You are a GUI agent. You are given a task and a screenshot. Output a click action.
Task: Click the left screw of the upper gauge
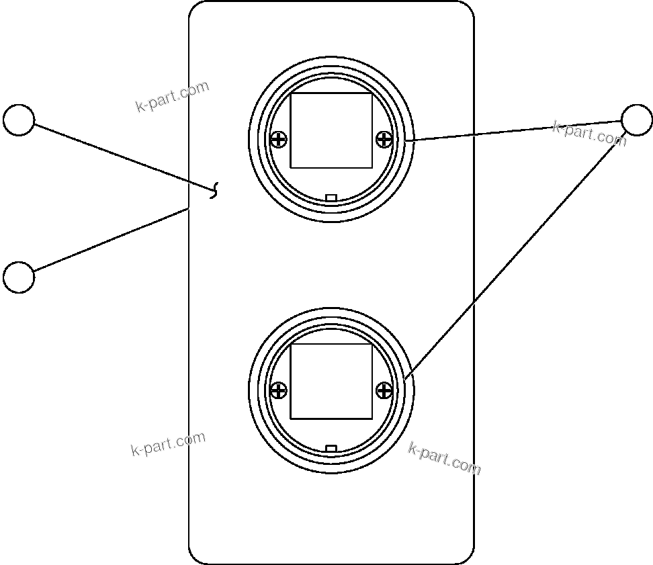[278, 140]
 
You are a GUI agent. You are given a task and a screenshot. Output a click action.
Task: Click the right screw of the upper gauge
[384, 140]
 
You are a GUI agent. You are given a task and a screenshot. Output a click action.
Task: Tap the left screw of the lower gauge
[278, 390]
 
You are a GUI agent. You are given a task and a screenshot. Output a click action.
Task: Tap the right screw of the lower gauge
[384, 390]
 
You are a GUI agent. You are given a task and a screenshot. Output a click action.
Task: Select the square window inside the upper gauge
[331, 130]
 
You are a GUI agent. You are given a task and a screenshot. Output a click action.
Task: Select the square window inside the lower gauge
[331, 382]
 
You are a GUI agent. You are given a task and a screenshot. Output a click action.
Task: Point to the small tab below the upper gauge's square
[331, 198]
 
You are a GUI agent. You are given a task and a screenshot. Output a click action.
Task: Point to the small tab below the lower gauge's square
[331, 448]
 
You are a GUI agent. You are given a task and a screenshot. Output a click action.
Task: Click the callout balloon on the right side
[636, 120]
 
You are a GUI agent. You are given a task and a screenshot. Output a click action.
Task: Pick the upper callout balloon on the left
[19, 120]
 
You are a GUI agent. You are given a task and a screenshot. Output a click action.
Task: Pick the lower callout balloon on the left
[19, 277]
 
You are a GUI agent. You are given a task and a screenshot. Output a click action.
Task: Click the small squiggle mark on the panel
[215, 191]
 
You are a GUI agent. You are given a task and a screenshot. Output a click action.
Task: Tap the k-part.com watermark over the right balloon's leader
[589, 133]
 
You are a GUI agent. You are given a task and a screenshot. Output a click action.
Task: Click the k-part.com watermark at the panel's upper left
[172, 97]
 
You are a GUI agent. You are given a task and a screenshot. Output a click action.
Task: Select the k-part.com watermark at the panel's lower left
[168, 445]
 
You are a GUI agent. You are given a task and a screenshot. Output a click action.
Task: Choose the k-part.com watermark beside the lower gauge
[444, 458]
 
